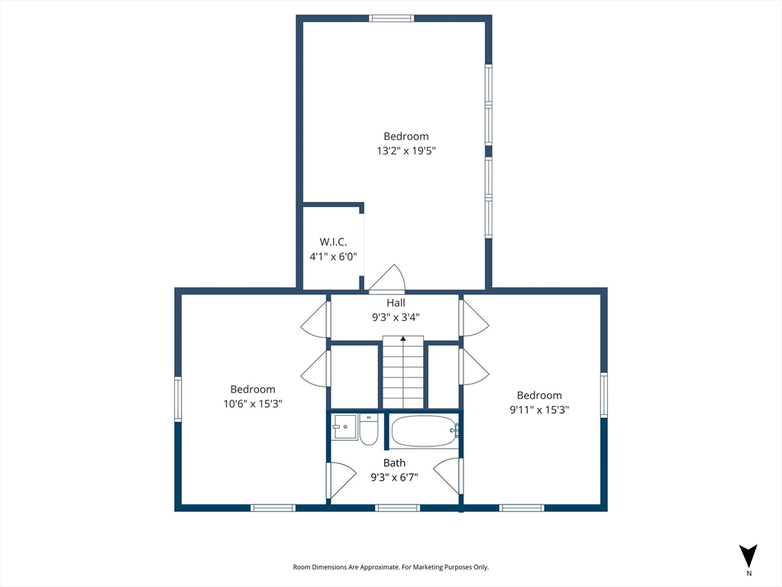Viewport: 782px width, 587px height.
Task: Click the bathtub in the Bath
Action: [424, 431]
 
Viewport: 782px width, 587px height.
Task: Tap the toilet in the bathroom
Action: [369, 430]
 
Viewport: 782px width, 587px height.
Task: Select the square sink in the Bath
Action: [344, 427]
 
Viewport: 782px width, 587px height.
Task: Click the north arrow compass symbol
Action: [748, 556]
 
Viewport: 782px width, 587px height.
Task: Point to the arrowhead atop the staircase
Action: [403, 339]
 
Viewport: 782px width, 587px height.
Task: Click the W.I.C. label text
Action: [333, 242]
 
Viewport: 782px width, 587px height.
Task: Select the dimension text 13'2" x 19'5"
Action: [406, 151]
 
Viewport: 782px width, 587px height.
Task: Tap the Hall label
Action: [396, 303]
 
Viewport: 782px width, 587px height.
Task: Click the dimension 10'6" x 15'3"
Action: [253, 404]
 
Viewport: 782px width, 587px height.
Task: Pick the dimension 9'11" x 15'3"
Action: [539, 410]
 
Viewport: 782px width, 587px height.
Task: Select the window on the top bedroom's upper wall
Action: [392, 18]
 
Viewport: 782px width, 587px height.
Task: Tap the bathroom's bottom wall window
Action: [397, 508]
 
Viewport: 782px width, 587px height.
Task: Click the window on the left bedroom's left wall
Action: [178, 399]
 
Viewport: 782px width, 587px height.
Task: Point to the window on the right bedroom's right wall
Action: [604, 395]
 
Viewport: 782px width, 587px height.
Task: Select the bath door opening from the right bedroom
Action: [448, 475]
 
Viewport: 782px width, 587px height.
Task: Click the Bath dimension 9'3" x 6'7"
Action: [394, 478]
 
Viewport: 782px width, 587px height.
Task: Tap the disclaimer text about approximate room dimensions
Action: [390, 567]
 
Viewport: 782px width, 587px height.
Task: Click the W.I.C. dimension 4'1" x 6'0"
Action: [333, 257]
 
